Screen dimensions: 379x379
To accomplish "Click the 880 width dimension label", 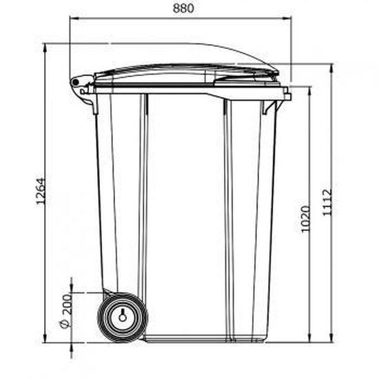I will click(181, 9).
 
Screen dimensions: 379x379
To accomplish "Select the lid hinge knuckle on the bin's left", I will click(75, 82).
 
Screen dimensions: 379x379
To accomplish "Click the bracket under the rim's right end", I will click(273, 107).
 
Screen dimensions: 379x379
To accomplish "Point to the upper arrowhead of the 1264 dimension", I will click(45, 47).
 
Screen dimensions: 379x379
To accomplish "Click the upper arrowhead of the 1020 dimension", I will click(308, 90).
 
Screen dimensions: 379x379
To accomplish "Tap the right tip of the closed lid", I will click(278, 70).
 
